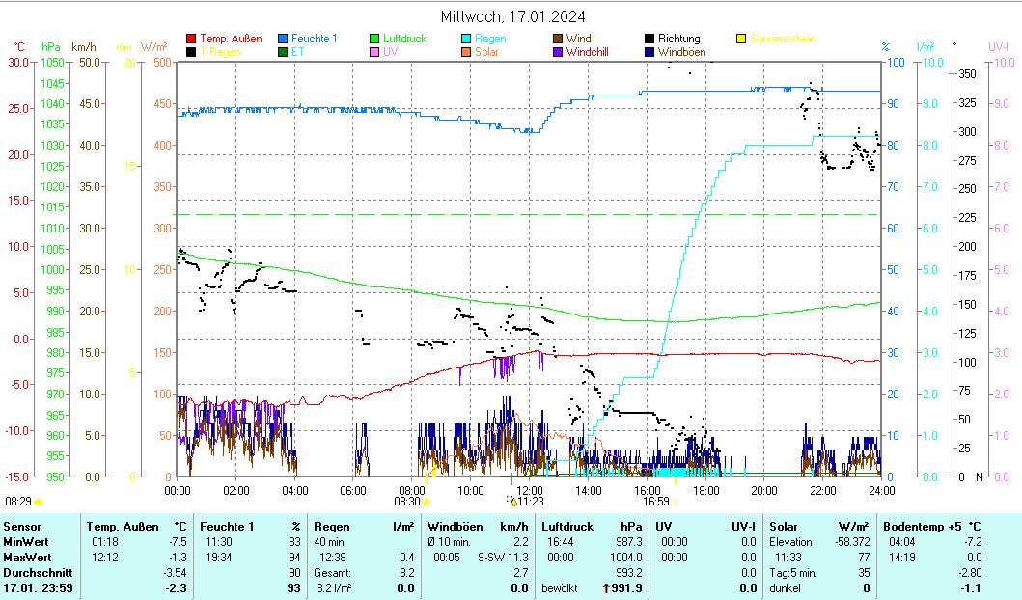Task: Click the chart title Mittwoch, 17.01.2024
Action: [x=511, y=16]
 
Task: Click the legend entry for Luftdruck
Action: [x=402, y=39]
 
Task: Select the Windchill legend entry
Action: [x=587, y=52]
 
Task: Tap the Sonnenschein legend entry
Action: [x=782, y=39]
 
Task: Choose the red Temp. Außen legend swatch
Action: [x=191, y=39]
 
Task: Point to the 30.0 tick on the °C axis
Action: [x=18, y=62]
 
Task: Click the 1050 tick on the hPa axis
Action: [x=53, y=62]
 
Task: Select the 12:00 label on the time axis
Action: [x=530, y=490]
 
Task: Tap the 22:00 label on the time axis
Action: [x=822, y=490]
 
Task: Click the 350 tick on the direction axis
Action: [x=966, y=74]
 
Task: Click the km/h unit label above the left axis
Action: [x=84, y=46]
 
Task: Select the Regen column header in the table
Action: [x=331, y=526]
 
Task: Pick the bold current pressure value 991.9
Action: [x=626, y=587]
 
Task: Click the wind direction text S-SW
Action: [x=490, y=557]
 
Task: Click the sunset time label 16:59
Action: [x=655, y=501]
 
